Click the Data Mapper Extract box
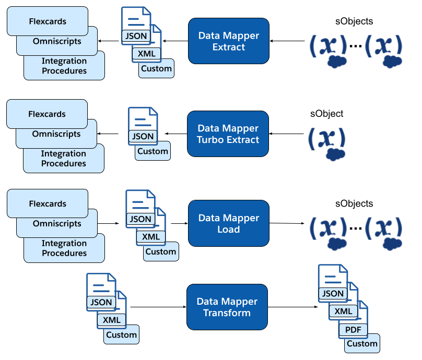228,41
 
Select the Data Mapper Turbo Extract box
228,134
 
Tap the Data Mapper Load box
228,223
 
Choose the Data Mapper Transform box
227,307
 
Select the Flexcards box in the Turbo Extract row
47,114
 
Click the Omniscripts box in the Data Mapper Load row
57,223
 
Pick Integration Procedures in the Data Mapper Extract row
64,66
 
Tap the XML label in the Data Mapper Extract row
147,53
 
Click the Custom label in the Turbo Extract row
153,152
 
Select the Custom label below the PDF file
362,343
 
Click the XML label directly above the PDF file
343,311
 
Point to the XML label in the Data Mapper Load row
151,236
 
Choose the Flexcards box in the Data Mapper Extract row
48,21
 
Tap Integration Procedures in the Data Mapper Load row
64,248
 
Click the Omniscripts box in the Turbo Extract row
56,134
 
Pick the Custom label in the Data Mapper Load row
160,251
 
